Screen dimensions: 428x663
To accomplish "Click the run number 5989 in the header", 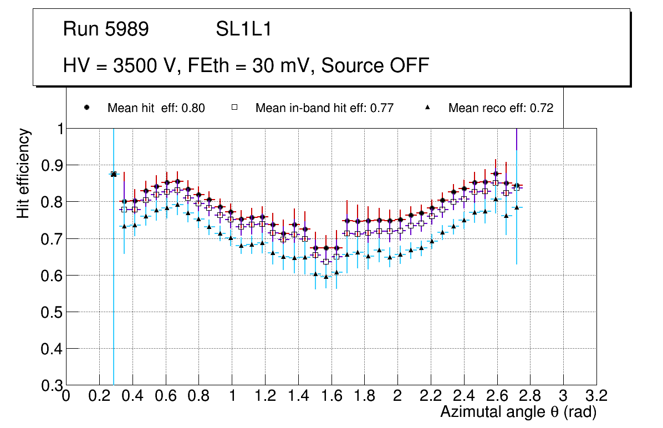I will click(127, 29).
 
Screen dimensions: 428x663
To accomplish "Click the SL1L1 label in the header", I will click(243, 29).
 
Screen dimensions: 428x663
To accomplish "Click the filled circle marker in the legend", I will click(86, 108).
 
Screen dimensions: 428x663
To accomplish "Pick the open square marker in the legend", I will click(234, 108).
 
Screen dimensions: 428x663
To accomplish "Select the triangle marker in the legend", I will click(427, 108).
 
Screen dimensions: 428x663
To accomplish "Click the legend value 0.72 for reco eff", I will click(542, 109).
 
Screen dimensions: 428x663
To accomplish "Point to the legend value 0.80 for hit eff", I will click(193, 109).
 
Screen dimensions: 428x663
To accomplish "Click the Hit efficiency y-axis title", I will click(23, 173).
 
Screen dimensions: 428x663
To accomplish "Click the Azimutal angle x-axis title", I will click(518, 412).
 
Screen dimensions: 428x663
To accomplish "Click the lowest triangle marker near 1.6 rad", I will click(326, 277).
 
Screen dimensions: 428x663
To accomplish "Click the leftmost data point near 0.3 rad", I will click(114, 174).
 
